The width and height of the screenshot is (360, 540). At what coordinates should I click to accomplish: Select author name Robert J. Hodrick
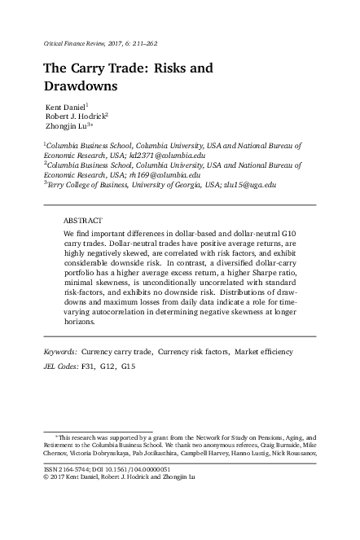click(x=79, y=117)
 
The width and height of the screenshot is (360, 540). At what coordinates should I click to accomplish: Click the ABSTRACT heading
click(x=82, y=221)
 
